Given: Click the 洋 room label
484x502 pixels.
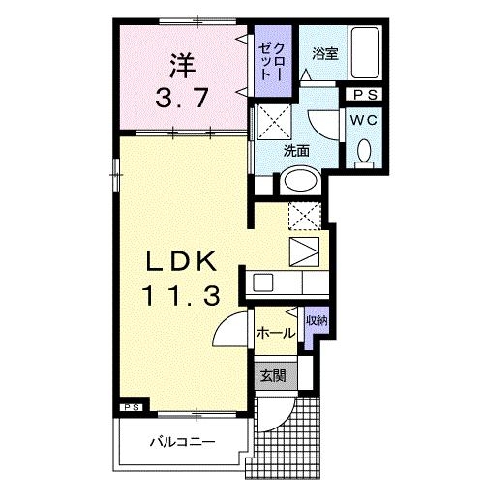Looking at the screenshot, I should [179, 67].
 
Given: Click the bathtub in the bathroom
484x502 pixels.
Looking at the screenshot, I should [365, 55].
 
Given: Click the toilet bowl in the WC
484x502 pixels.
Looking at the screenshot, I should [365, 153].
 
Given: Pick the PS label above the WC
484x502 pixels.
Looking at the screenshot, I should [366, 95].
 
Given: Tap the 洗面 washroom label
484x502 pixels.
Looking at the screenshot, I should [295, 151].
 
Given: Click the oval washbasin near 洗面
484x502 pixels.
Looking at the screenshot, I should [300, 182].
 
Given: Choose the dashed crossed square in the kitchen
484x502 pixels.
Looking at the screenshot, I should [305, 216].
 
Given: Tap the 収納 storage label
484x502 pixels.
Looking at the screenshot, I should [316, 320].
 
